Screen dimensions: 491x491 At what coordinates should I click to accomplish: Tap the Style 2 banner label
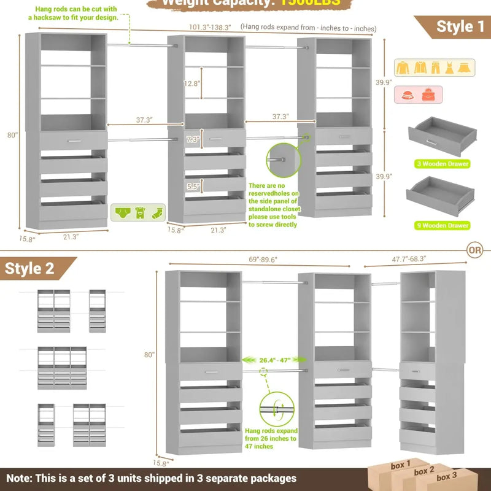click(x=30, y=268)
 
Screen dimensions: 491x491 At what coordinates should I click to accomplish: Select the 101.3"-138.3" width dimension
click(x=211, y=27)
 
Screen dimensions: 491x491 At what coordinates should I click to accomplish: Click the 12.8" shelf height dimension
click(x=191, y=83)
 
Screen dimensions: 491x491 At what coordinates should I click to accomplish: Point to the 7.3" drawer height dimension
click(x=192, y=139)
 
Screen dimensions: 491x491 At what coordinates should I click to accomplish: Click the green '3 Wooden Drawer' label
click(x=441, y=164)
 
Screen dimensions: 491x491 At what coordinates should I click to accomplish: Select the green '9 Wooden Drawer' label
click(x=441, y=225)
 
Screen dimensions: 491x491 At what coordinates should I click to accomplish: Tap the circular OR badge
click(x=474, y=250)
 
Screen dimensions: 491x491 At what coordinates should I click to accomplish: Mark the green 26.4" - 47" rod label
click(x=274, y=360)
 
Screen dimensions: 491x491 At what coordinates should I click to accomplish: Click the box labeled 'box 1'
click(x=398, y=466)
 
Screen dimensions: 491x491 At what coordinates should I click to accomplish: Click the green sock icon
click(x=157, y=213)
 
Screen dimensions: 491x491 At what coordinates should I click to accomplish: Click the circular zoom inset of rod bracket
click(x=284, y=161)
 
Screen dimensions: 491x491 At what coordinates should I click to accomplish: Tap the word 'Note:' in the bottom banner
click(x=21, y=477)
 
